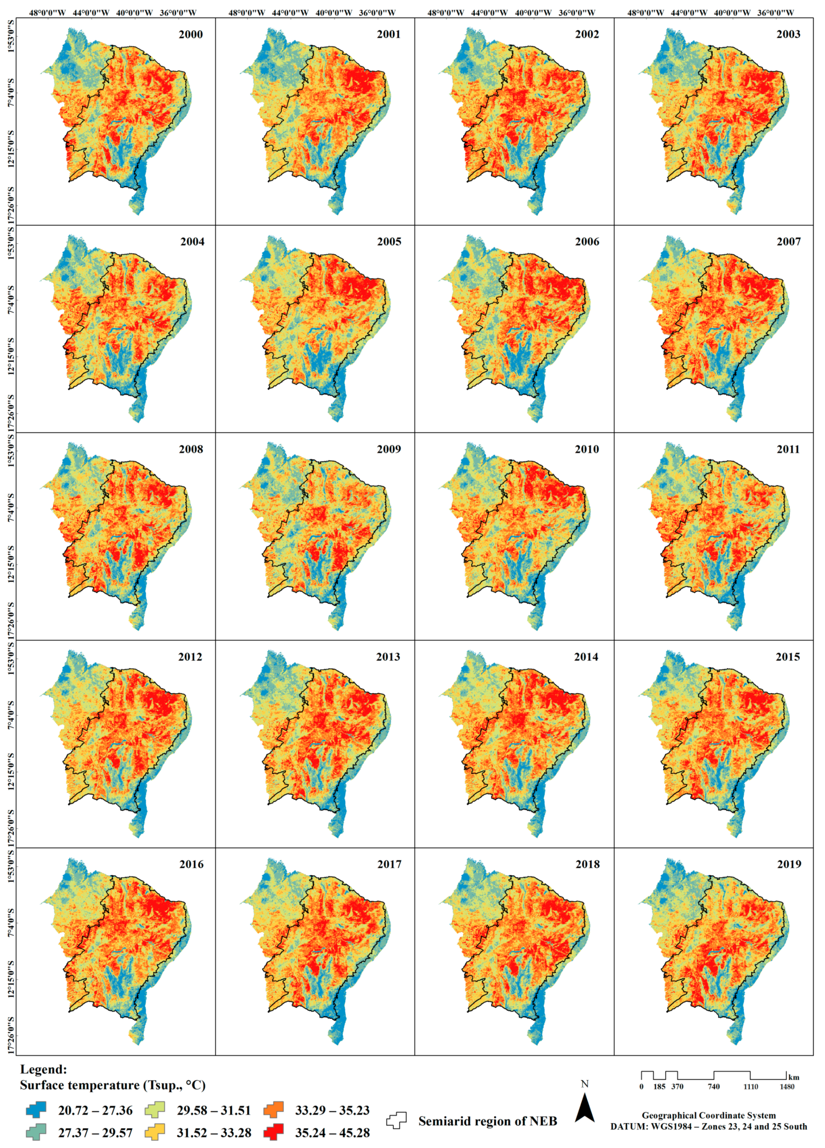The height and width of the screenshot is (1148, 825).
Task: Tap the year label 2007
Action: [789, 242]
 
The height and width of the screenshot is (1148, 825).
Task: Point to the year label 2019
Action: [789, 865]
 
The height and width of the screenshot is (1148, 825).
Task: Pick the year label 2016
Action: [191, 865]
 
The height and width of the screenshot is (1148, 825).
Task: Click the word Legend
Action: [43, 1069]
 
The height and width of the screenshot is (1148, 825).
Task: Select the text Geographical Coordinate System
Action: [709, 1115]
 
